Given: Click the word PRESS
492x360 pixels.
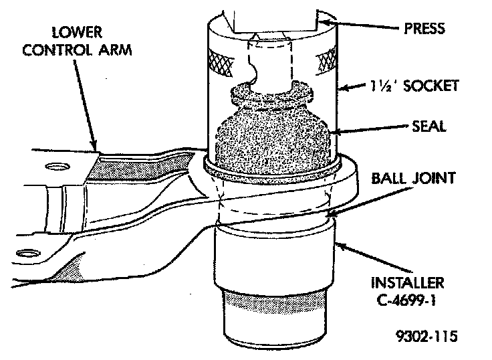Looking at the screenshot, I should click(x=423, y=29).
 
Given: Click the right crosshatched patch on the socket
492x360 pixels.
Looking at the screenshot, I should click(x=329, y=62).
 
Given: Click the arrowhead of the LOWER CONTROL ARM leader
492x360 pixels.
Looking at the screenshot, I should click(x=98, y=149).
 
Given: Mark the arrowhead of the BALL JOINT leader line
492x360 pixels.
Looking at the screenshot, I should click(x=327, y=215).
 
